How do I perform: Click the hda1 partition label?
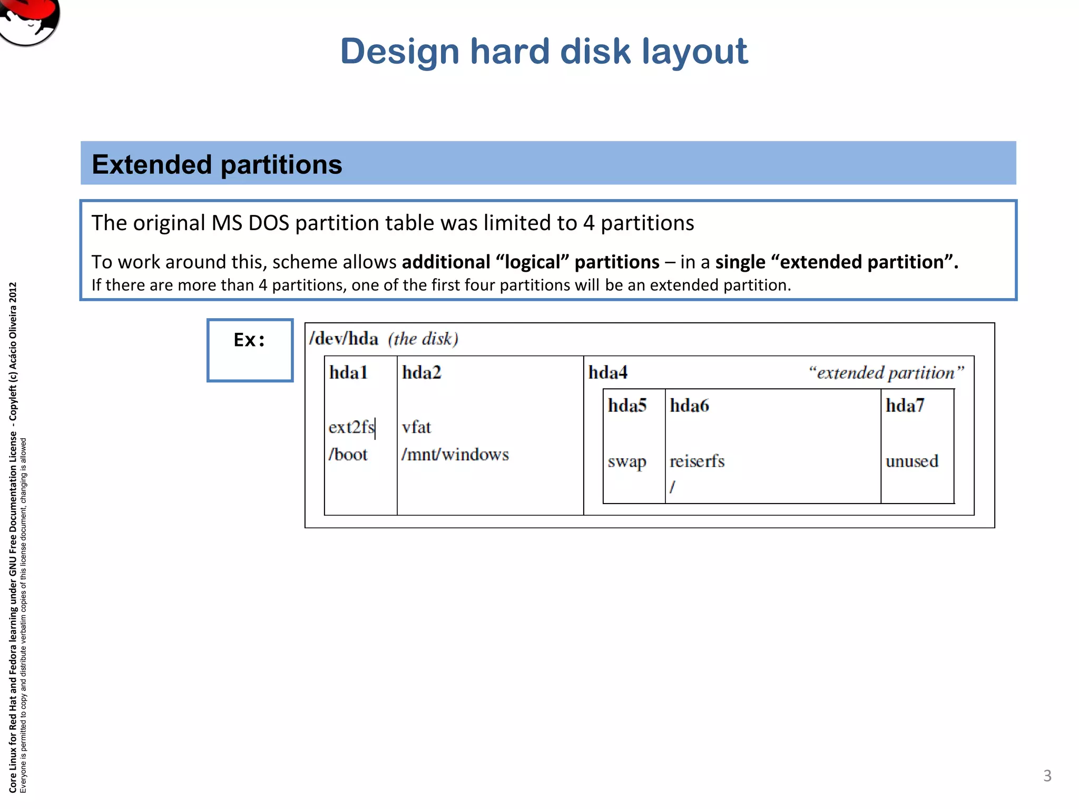pyautogui.click(x=348, y=373)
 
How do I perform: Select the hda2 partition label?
pyautogui.click(x=421, y=373)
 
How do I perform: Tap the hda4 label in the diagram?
pyautogui.click(x=608, y=373)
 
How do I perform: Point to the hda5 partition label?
pyautogui.click(x=627, y=406)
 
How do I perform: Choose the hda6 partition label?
pyautogui.click(x=689, y=406)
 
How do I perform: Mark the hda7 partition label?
pyautogui.click(x=905, y=406)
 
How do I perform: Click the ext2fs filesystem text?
pyautogui.click(x=351, y=427)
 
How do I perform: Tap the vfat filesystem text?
pyautogui.click(x=416, y=427)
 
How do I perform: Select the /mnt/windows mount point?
pyautogui.click(x=455, y=455)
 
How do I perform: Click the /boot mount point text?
pyautogui.click(x=348, y=455)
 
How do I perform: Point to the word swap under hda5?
pyautogui.click(x=626, y=462)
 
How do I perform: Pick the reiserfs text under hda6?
pyautogui.click(x=697, y=461)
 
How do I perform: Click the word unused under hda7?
pyautogui.click(x=912, y=461)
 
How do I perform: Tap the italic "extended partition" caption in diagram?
pyautogui.click(x=886, y=373)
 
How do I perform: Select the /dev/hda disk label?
pyautogui.click(x=344, y=339)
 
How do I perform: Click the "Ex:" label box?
pyautogui.click(x=250, y=350)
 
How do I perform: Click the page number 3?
pyautogui.click(x=1047, y=776)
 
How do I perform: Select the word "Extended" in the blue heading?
pyautogui.click(x=152, y=164)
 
